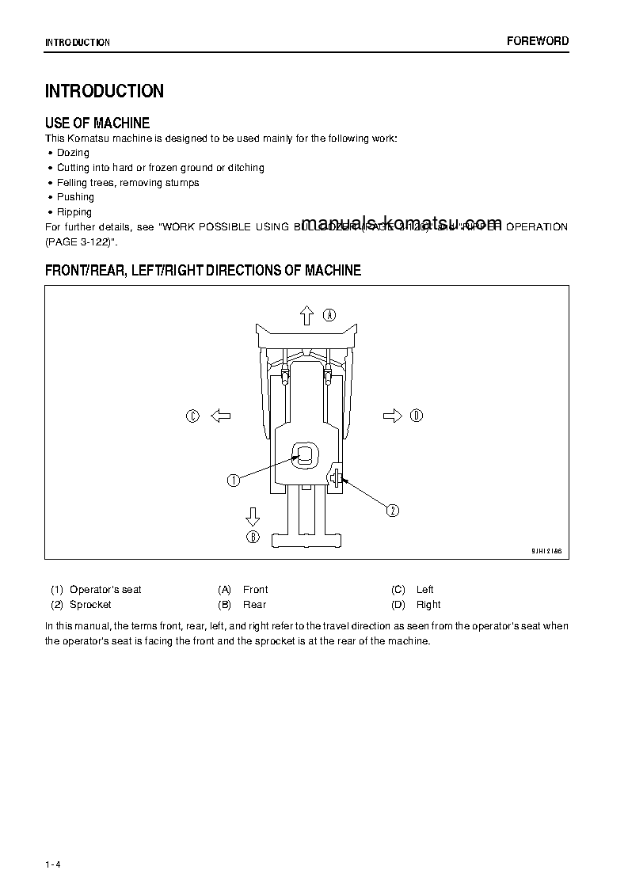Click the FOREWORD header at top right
tap(537, 41)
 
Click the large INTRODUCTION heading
tap(105, 91)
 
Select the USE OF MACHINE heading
tap(97, 123)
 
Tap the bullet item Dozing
tap(73, 153)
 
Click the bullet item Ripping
tap(74, 212)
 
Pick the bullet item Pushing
tap(75, 197)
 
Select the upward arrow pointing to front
tap(307, 315)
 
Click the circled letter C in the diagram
tap(192, 416)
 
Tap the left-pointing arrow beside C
tap(220, 416)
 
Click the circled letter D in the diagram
tap(417, 416)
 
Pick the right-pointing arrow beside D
tap(392, 416)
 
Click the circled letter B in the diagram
tap(253, 537)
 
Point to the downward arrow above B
tap(253, 517)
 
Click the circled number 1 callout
tap(234, 481)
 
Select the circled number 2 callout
tap(392, 511)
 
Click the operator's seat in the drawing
tap(306, 454)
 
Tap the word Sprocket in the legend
tap(90, 605)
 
